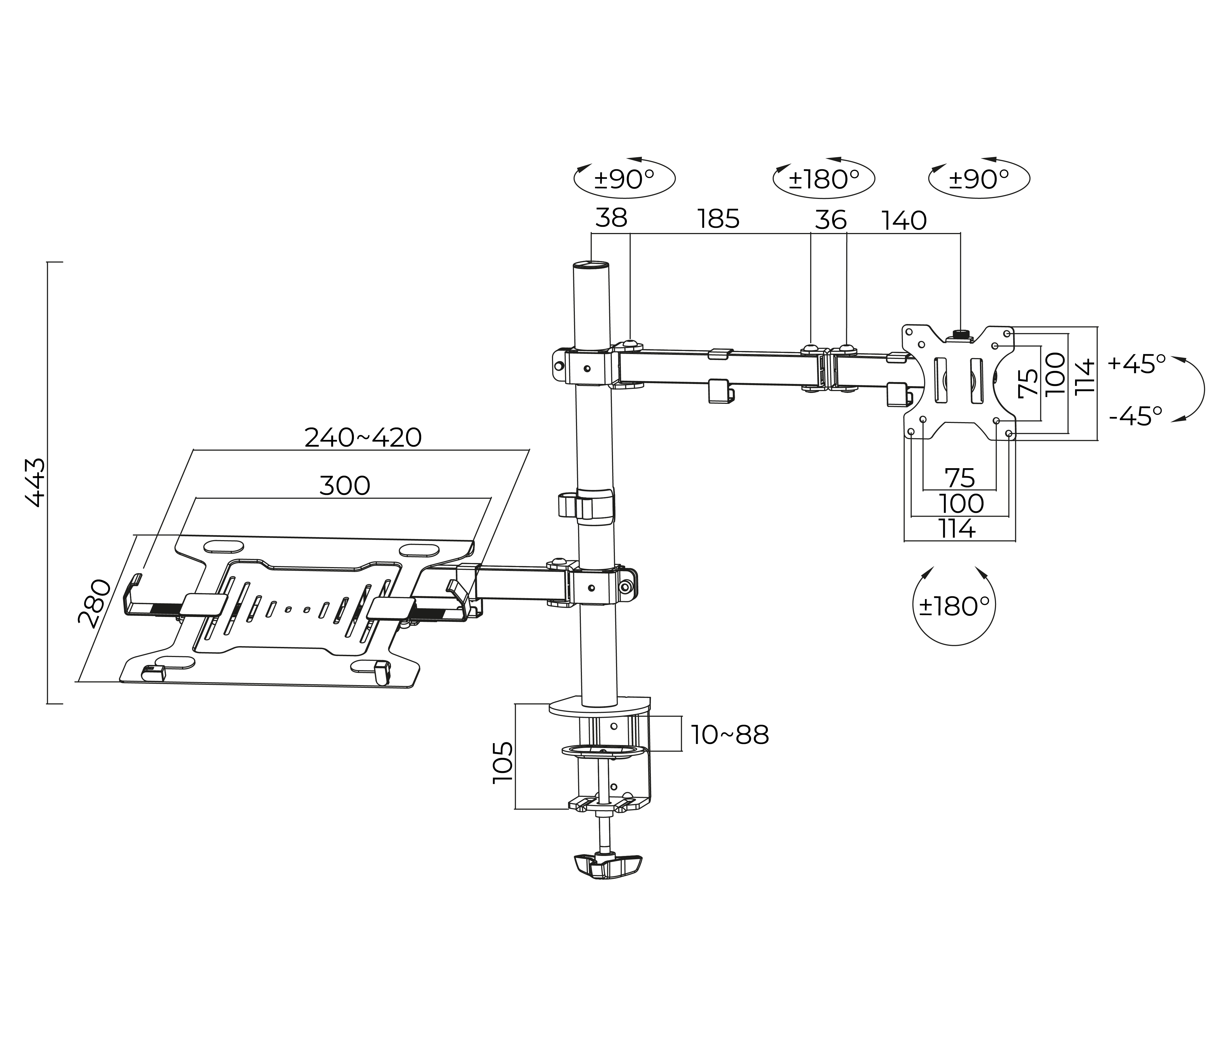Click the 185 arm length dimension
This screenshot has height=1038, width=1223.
pyautogui.click(x=718, y=219)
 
